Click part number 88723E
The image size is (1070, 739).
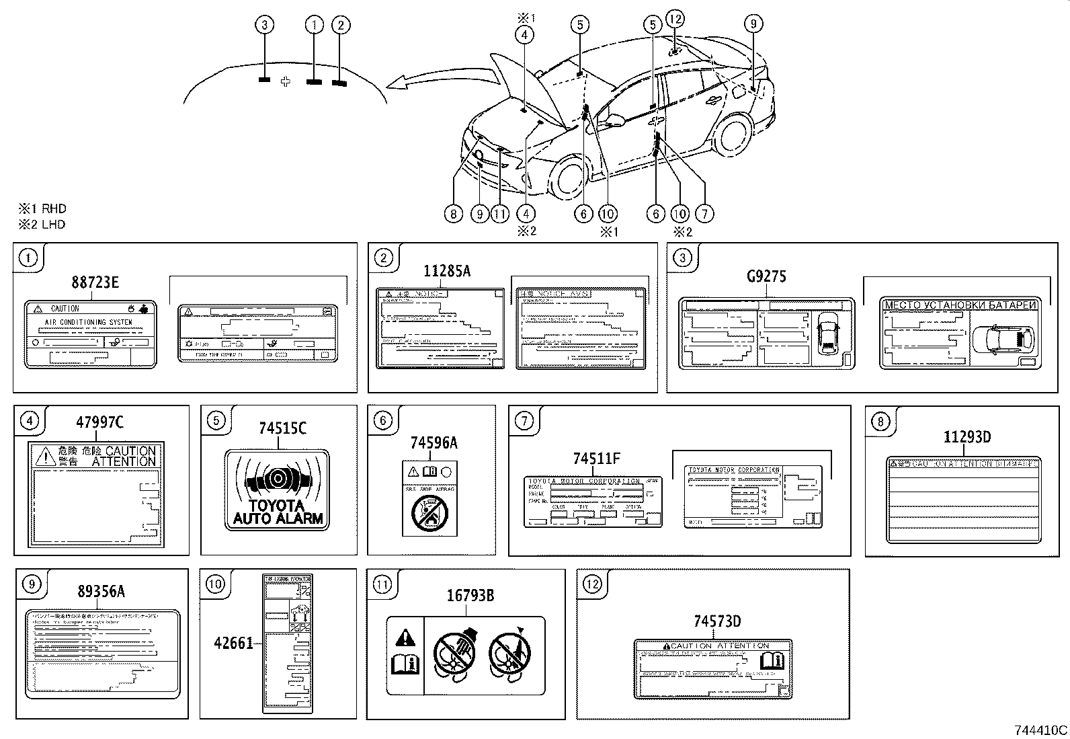point(95,282)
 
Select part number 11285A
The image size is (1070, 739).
point(447,271)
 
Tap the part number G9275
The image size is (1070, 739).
point(766,276)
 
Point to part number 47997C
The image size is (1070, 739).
point(99,422)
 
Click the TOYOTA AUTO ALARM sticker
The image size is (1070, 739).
point(278,489)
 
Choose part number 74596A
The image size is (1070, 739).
point(434,442)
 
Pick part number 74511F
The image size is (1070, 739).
point(597,459)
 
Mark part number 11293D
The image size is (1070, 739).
point(966,437)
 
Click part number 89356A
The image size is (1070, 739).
point(101,592)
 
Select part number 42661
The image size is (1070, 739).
point(233,644)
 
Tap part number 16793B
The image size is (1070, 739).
point(470,596)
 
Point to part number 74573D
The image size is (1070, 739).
point(717,621)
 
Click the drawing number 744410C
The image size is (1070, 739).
point(1041,730)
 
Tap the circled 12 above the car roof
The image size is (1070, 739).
point(675,18)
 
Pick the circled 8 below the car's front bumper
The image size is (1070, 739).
point(454,214)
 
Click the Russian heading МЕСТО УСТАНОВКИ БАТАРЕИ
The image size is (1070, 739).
point(960,305)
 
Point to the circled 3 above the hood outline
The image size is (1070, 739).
point(265,26)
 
